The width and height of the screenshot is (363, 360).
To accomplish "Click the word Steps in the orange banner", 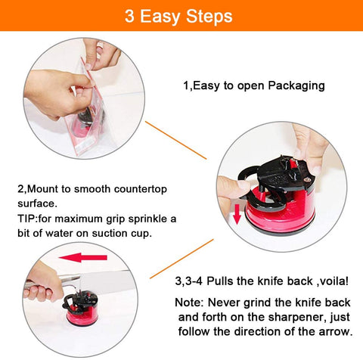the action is coord(209,17).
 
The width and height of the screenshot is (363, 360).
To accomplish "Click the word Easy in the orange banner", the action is coord(160,17).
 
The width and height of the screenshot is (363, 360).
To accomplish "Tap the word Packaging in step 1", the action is coord(296,85).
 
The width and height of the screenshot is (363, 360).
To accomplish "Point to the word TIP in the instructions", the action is coord(27,219).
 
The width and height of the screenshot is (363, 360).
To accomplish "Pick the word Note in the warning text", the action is coord(188,303).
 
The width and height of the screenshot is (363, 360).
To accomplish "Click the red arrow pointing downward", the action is coord(237,214).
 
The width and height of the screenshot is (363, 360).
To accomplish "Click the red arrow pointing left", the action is coord(83,257).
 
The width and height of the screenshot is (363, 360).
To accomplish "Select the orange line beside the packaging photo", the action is coord(175,140).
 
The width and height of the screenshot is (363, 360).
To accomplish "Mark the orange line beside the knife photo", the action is coord(181,259).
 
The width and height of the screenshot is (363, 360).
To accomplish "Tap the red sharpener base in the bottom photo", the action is coord(82,315).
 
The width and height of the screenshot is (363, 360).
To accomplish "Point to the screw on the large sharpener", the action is coord(307,179).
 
